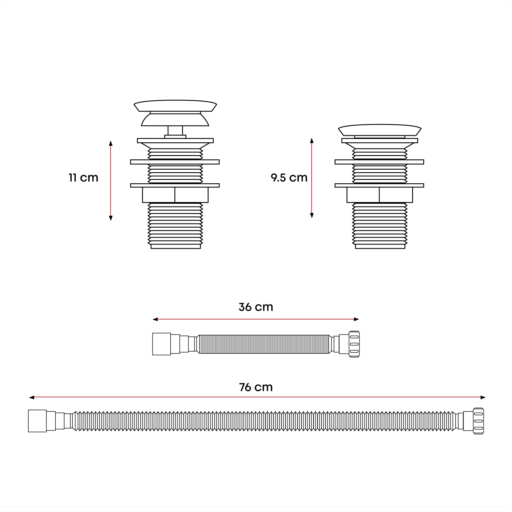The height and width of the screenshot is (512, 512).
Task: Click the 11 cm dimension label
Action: click(x=83, y=178)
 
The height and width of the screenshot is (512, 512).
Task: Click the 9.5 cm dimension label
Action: click(x=289, y=178)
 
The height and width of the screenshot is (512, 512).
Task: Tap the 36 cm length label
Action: click(x=256, y=307)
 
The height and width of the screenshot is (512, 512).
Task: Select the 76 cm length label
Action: click(x=256, y=387)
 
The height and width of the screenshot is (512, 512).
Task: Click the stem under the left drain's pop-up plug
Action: click(x=175, y=131)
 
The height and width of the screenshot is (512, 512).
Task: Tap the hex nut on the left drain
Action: click(x=175, y=195)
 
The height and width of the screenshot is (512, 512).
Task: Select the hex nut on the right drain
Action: click(x=380, y=195)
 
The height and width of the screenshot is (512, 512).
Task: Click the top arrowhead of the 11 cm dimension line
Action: click(x=111, y=143)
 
